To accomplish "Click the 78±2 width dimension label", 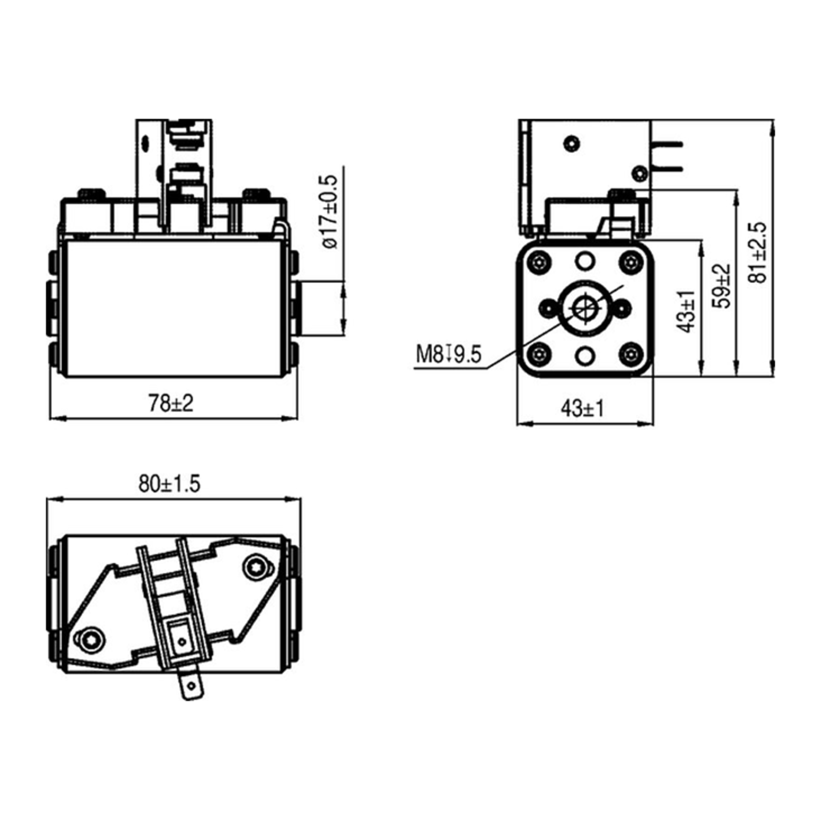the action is pos(170,403).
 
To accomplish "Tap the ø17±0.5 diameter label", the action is pos(329,212).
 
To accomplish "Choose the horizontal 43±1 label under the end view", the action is pos(582,409).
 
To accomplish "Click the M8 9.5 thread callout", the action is pos(448,354).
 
